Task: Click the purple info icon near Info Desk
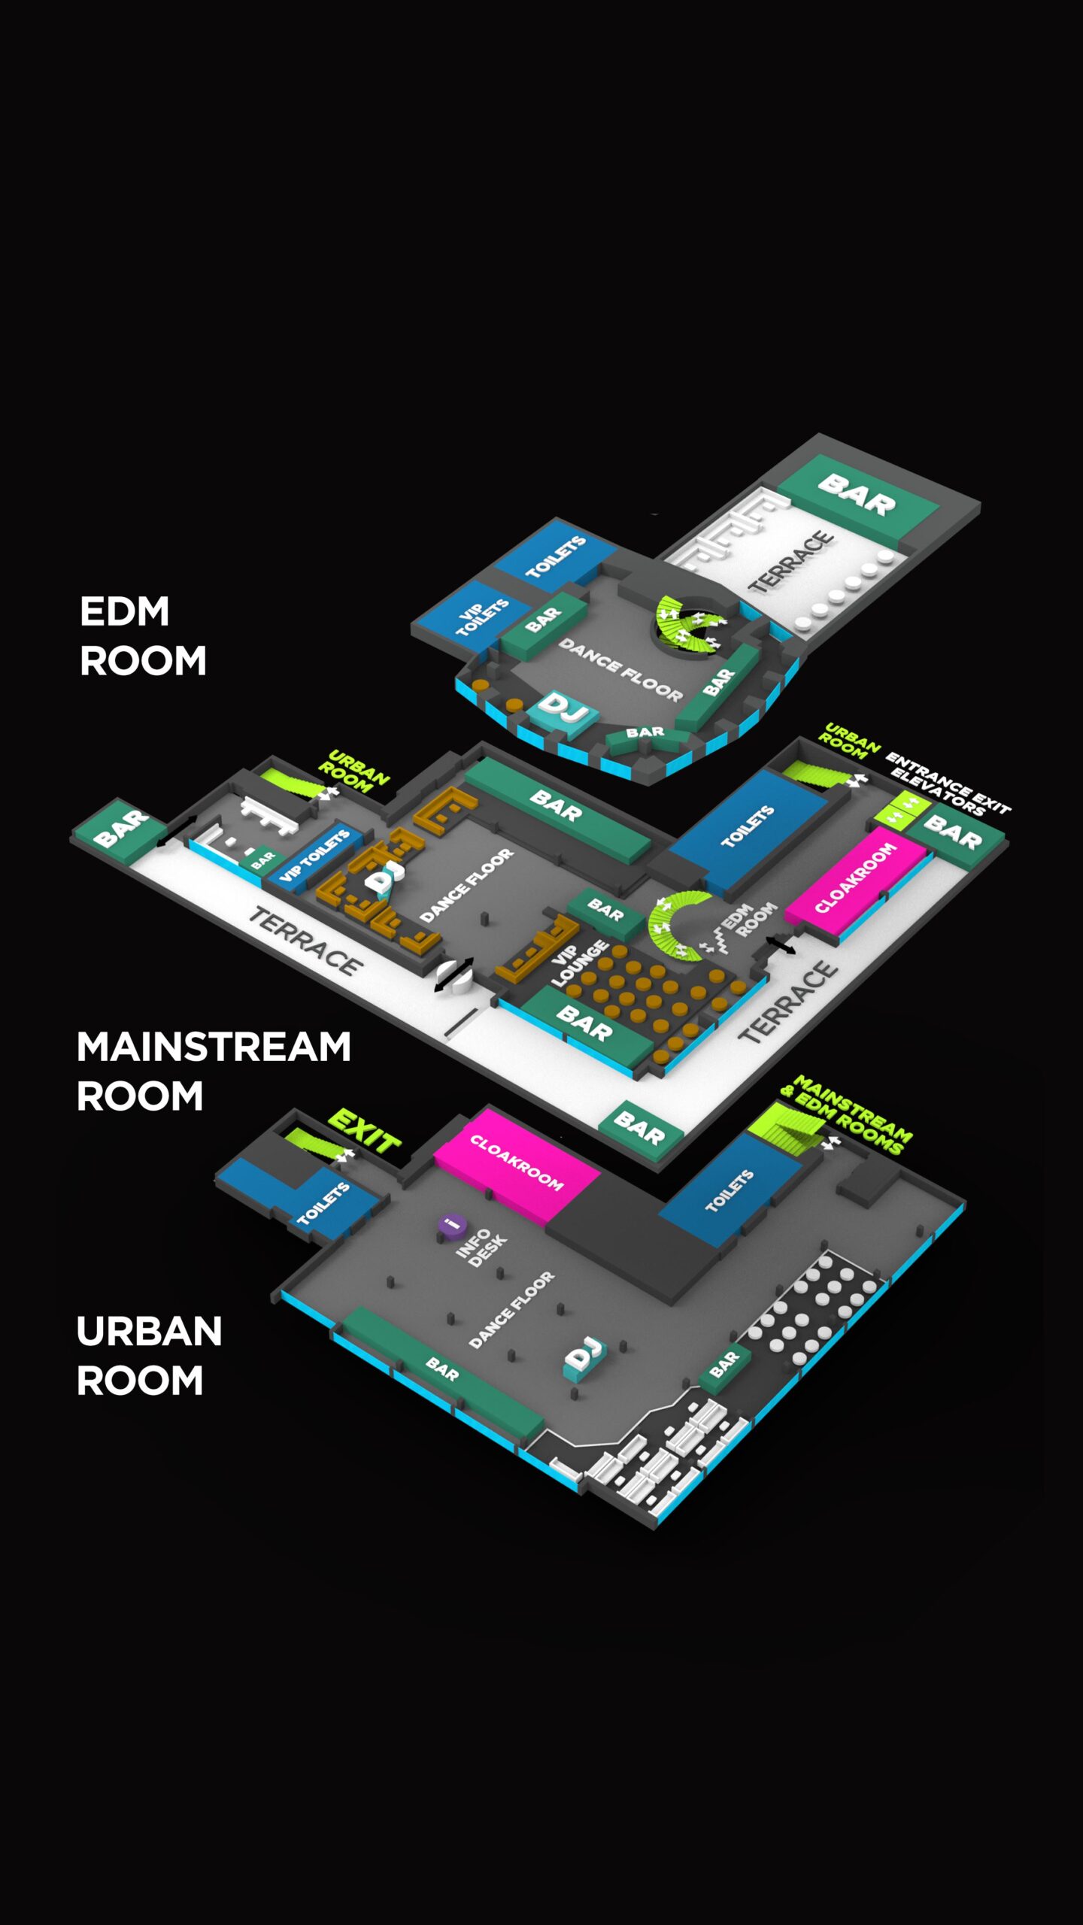point(451,1224)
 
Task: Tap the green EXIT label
point(365,1130)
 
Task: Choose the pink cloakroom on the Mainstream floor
point(855,878)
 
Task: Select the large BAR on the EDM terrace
point(857,494)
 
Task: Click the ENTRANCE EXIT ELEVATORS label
point(948,783)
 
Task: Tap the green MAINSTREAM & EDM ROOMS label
point(846,1114)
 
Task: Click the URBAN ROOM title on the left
point(149,1355)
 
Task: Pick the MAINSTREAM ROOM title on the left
point(214,1071)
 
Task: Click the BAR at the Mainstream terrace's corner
point(640,1129)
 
